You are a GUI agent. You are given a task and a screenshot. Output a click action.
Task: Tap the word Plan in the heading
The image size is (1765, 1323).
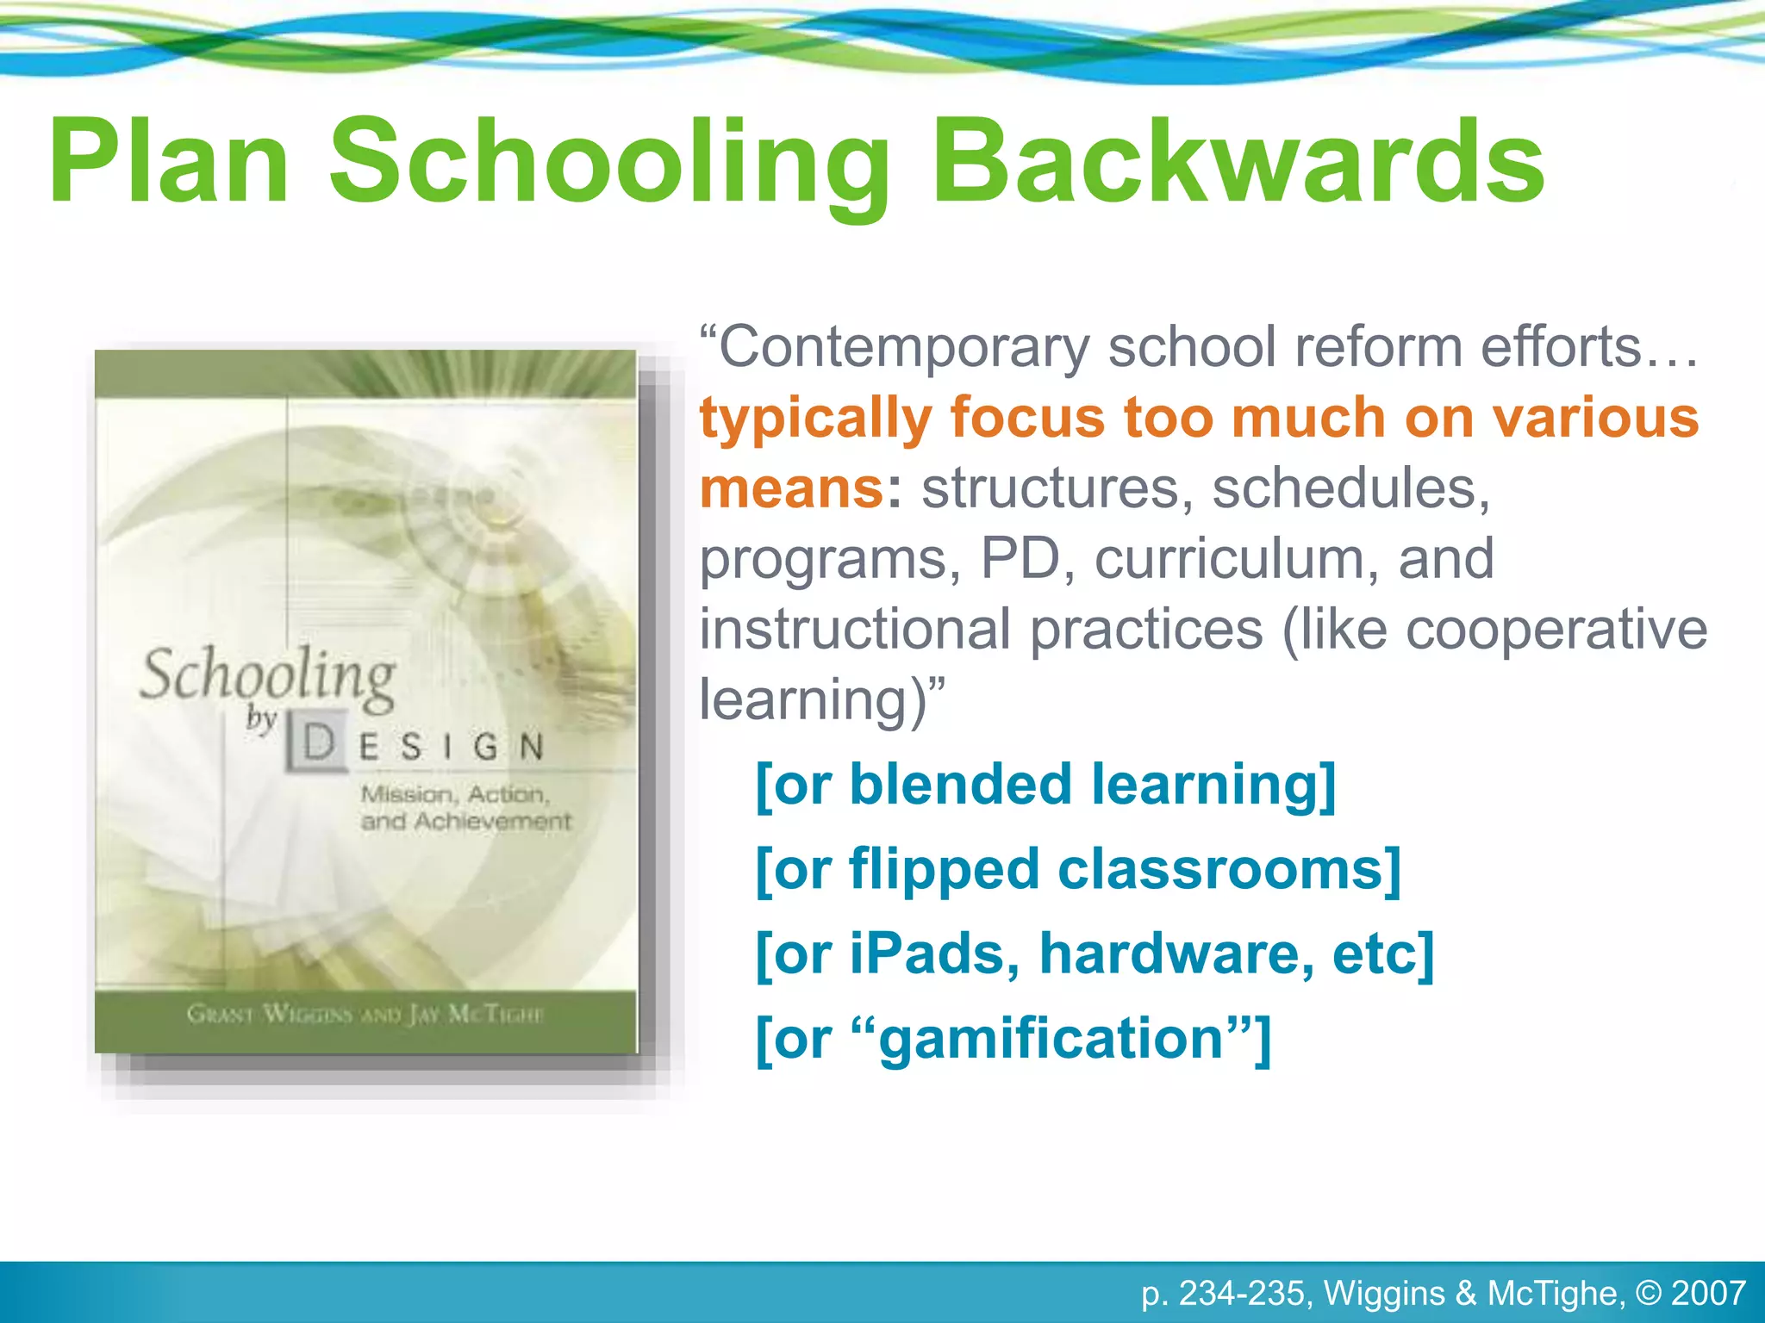tap(169, 162)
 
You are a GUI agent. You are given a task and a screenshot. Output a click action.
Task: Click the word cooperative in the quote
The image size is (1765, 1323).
tap(1556, 629)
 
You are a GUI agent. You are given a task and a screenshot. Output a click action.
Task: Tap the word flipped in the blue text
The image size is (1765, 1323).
tap(944, 869)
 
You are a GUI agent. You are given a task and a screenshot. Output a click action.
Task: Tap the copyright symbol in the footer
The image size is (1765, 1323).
tap(1647, 1293)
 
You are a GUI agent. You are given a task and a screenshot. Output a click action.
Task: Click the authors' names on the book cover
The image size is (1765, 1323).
tap(365, 1014)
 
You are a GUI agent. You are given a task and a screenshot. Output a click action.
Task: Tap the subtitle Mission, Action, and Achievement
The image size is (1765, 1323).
tap(465, 807)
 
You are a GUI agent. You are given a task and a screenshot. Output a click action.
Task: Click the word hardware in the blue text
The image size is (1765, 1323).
tap(1176, 953)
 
